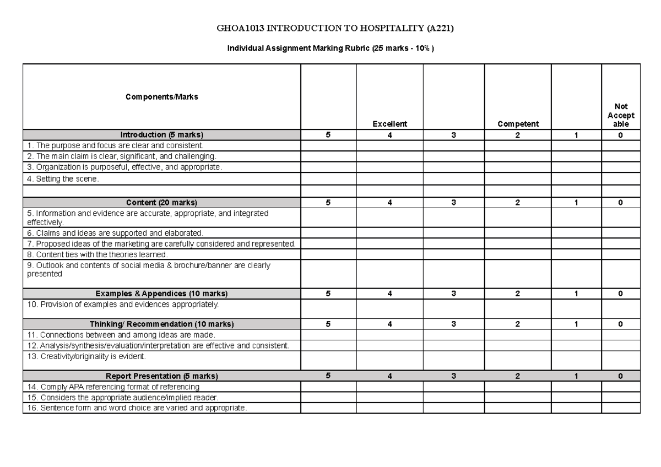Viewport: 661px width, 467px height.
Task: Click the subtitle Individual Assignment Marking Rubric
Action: [x=330, y=48]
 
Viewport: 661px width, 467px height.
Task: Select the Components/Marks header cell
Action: [x=161, y=97]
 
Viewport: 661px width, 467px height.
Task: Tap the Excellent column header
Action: [x=389, y=124]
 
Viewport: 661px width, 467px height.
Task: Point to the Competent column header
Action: [x=518, y=124]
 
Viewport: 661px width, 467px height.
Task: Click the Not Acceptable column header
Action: [x=621, y=116]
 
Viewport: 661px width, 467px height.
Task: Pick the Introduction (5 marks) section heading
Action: [x=161, y=135]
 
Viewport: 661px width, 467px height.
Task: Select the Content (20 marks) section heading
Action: [x=161, y=203]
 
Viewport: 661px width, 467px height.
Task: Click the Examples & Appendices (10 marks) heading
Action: [x=161, y=294]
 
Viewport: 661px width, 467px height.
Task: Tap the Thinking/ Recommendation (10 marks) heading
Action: [x=161, y=324]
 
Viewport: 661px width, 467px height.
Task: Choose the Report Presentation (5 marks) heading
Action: [x=161, y=376]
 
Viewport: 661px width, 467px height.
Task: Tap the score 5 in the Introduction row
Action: [x=328, y=135]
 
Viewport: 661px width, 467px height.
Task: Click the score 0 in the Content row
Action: [x=621, y=203]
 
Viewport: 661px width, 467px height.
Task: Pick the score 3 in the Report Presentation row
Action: [x=453, y=376]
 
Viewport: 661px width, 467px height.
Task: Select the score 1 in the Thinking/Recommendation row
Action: [x=576, y=324]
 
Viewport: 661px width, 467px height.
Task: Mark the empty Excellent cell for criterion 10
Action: [x=389, y=308]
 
